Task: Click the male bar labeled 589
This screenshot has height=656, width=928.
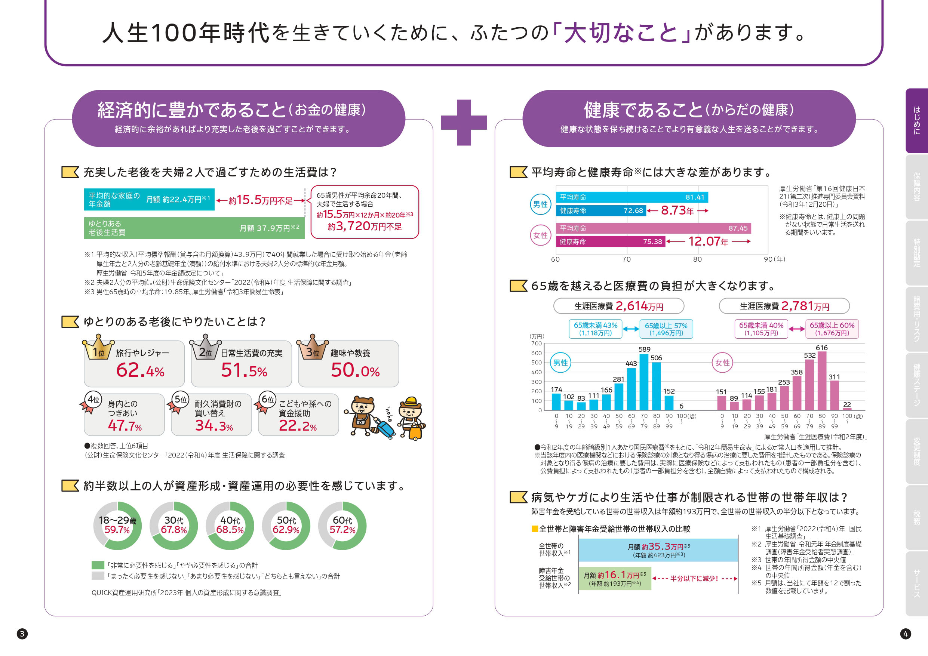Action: [x=644, y=382]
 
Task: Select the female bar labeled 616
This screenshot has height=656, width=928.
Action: [x=822, y=381]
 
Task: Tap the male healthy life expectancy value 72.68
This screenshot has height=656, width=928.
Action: [x=633, y=210]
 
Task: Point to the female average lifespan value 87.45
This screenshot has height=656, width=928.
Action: [x=738, y=228]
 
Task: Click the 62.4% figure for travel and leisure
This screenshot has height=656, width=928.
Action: [x=140, y=370]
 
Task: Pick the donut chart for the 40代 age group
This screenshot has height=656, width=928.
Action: [x=230, y=526]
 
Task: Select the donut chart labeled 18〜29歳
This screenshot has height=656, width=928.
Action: [x=117, y=526]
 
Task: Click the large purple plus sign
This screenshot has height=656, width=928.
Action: [x=464, y=123]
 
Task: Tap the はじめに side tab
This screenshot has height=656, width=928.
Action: [x=917, y=120]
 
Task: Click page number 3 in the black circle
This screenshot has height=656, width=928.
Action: [x=22, y=633]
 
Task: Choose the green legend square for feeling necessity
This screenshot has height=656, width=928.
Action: [x=98, y=565]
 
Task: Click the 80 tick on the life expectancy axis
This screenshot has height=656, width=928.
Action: [x=697, y=259]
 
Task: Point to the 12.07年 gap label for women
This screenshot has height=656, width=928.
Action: [x=708, y=242]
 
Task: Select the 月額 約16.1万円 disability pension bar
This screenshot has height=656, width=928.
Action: [x=614, y=578]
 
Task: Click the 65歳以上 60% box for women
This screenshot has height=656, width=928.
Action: [x=832, y=329]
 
